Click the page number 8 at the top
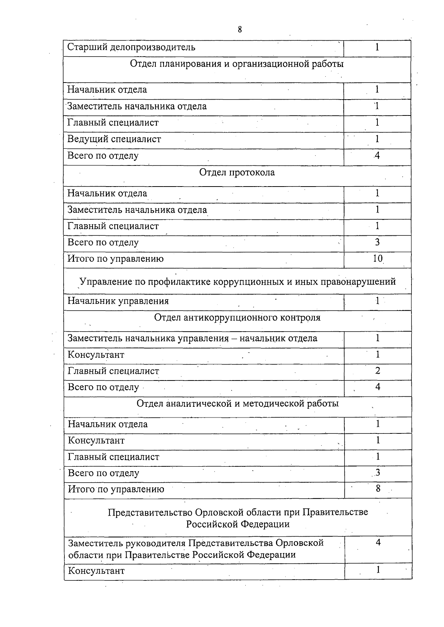tap(240, 30)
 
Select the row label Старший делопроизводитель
tap(131, 47)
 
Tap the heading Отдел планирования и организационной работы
tap(237, 64)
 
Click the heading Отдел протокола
tap(237, 172)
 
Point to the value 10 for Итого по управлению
tap(377, 259)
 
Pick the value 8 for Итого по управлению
tap(378, 489)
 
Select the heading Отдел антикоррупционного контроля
tap(237, 318)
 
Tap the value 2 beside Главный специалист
tap(377, 371)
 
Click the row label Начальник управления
tap(118, 301)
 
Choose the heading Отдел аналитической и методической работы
tap(238, 403)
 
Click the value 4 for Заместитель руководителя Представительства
tap(378, 543)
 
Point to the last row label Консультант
tap(96, 571)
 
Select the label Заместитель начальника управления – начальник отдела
tap(192, 338)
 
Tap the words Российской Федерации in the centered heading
tap(238, 524)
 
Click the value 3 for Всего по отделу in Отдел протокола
tap(377, 242)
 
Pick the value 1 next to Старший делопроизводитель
tap(377, 47)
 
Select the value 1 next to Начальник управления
tap(377, 301)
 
